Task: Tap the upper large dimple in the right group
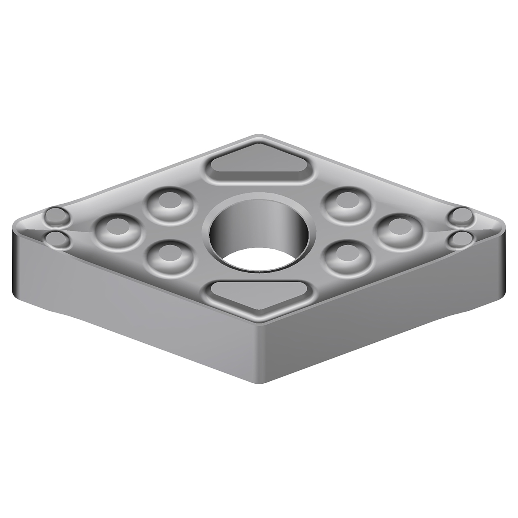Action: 348,202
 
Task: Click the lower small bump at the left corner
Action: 57,240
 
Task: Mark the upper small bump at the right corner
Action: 462,216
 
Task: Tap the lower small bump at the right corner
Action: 461,240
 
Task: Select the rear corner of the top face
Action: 259,136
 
